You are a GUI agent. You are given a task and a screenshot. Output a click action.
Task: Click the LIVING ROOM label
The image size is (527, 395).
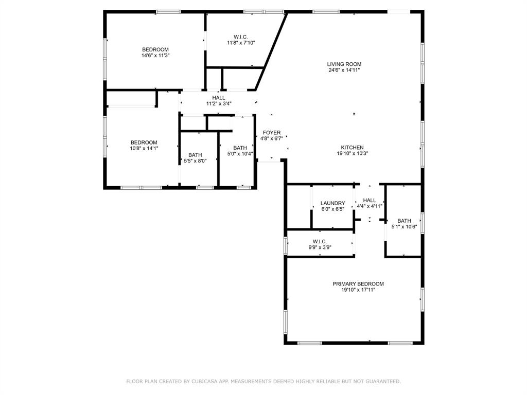tap(344, 64)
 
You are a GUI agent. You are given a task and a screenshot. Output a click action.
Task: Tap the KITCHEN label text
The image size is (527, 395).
tap(353, 147)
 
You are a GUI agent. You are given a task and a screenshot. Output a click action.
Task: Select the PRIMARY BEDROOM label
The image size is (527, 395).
tap(358, 284)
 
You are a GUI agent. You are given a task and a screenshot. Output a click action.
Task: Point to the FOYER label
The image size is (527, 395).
tap(272, 133)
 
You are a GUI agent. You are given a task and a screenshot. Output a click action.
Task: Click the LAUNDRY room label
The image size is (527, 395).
tap(332, 203)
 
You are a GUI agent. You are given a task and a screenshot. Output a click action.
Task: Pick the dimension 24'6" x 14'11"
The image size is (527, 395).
tap(344, 70)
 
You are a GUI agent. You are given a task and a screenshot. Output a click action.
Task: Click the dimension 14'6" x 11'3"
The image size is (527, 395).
tap(155, 55)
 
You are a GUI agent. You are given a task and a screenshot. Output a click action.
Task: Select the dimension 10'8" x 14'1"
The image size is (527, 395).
tap(144, 148)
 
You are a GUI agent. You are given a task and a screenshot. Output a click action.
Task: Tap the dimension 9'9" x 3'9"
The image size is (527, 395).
tap(320, 247)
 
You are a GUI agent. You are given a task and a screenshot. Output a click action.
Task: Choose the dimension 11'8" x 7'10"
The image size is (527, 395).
tap(241, 43)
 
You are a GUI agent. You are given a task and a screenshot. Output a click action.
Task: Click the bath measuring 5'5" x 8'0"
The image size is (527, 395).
tap(195, 158)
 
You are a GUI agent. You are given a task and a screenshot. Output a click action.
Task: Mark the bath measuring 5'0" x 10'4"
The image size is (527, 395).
tap(240, 151)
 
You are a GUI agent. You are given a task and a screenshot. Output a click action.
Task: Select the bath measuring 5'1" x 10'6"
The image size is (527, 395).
tap(404, 224)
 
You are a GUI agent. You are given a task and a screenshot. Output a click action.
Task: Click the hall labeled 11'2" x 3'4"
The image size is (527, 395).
tap(219, 100)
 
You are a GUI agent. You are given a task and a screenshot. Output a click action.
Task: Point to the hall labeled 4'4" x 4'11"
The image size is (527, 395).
tap(370, 203)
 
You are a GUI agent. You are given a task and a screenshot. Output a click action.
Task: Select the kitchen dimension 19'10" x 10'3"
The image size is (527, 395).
tap(353, 153)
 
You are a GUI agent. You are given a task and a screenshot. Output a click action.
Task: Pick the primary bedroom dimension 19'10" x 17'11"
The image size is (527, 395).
tap(358, 290)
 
